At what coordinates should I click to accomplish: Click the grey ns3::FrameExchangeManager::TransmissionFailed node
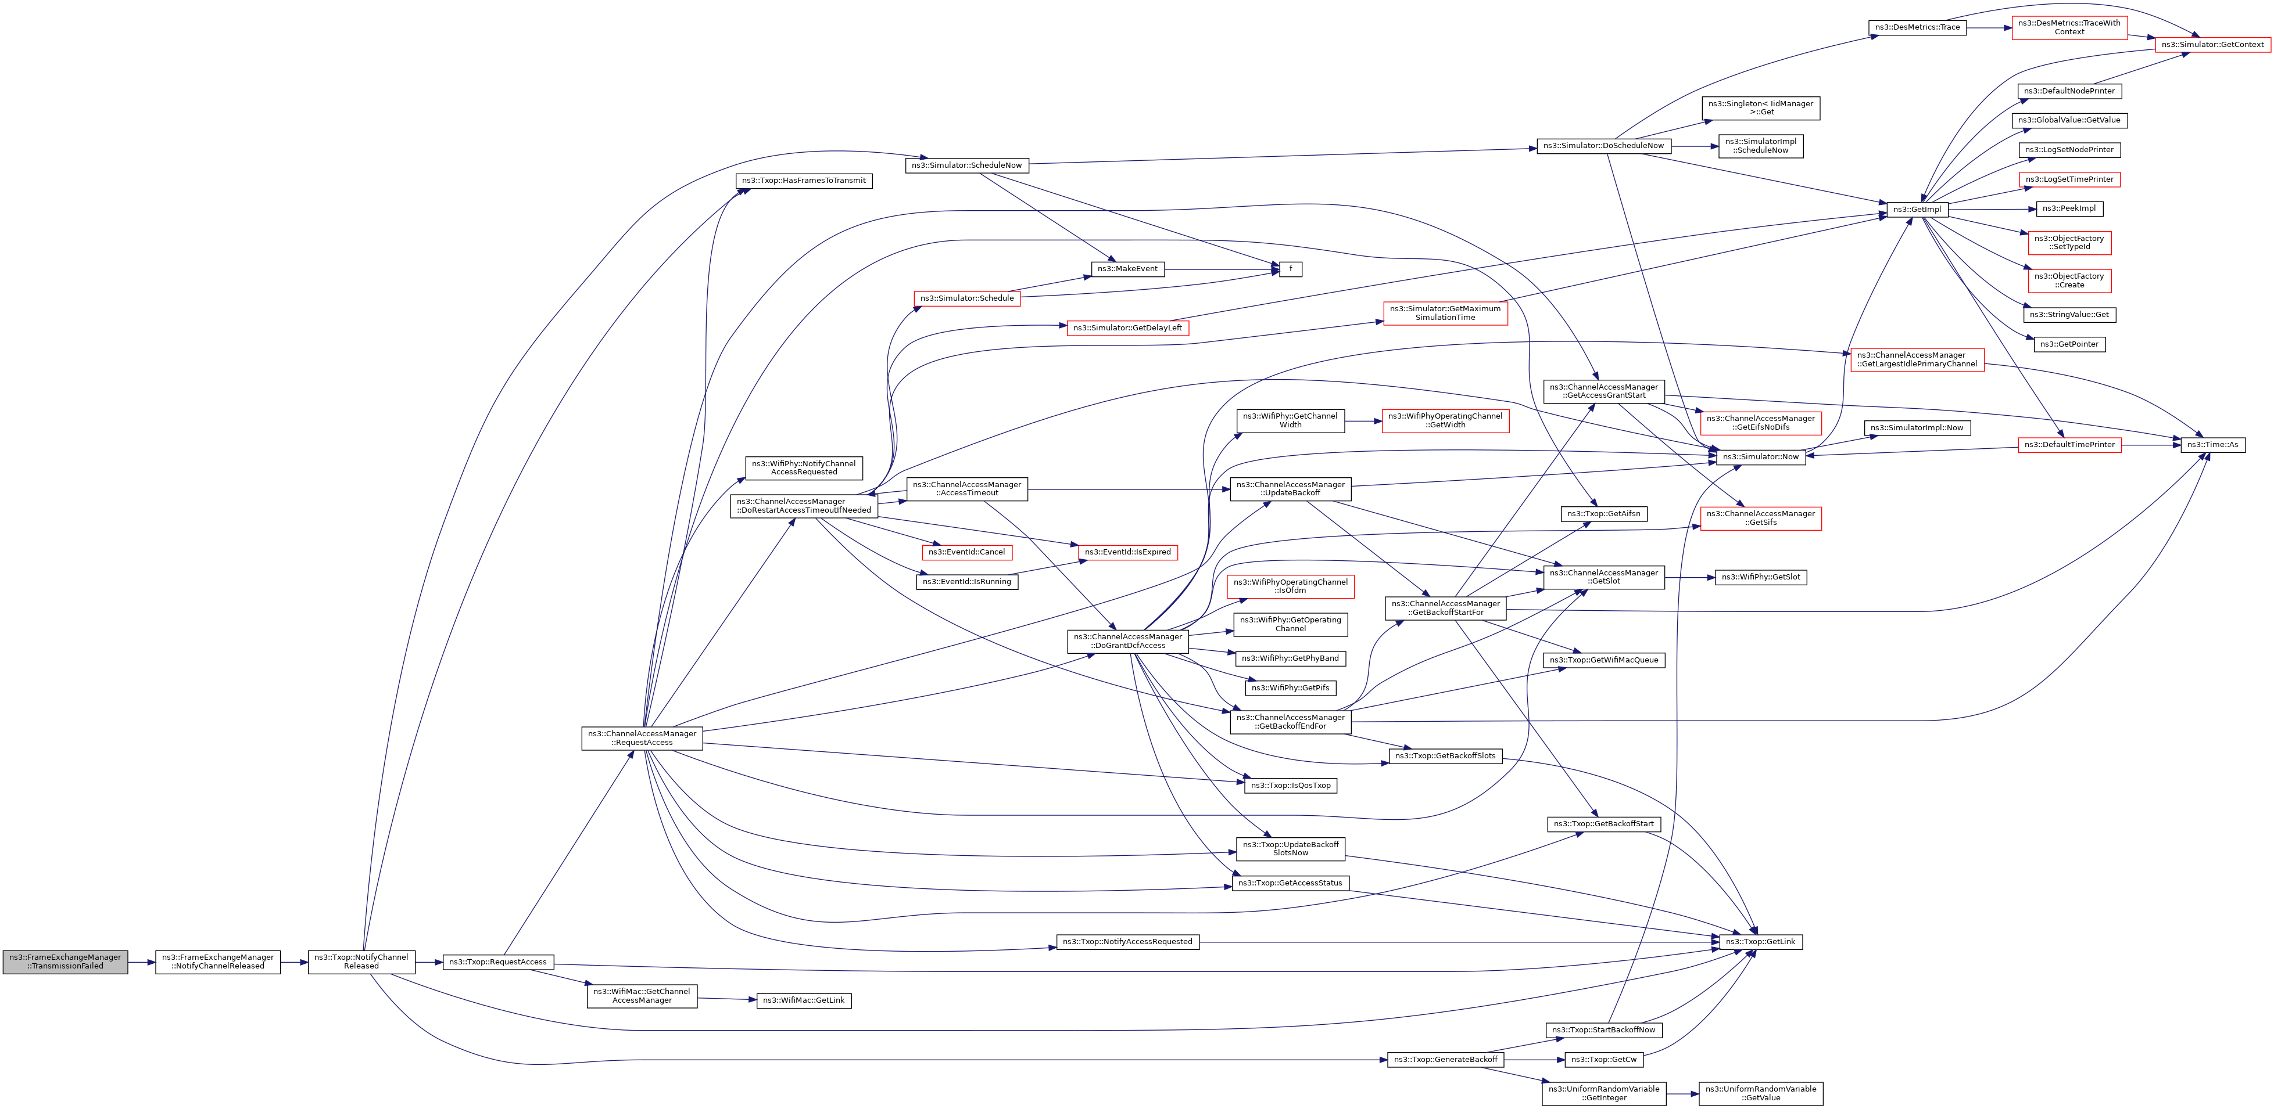pos(65,962)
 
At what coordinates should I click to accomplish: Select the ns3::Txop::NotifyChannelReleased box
pos(361,962)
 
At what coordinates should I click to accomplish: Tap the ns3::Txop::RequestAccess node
pos(498,962)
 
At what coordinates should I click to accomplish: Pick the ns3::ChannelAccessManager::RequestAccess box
pos(642,739)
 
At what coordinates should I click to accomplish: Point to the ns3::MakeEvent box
pos(1127,269)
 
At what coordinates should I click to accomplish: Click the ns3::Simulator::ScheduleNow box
pos(966,165)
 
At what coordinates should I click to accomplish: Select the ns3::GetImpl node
pos(1917,209)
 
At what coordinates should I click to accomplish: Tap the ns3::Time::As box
pos(2212,445)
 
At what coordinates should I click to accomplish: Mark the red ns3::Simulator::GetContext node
pos(2212,44)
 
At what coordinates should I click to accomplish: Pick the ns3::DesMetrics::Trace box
pos(1917,27)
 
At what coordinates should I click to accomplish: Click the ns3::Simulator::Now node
pos(1760,457)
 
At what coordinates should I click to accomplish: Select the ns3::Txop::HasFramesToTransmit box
pos(803,181)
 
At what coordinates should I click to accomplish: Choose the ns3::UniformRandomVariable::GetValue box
pos(1760,1093)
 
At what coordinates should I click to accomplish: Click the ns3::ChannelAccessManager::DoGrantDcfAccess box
pos(1127,642)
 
